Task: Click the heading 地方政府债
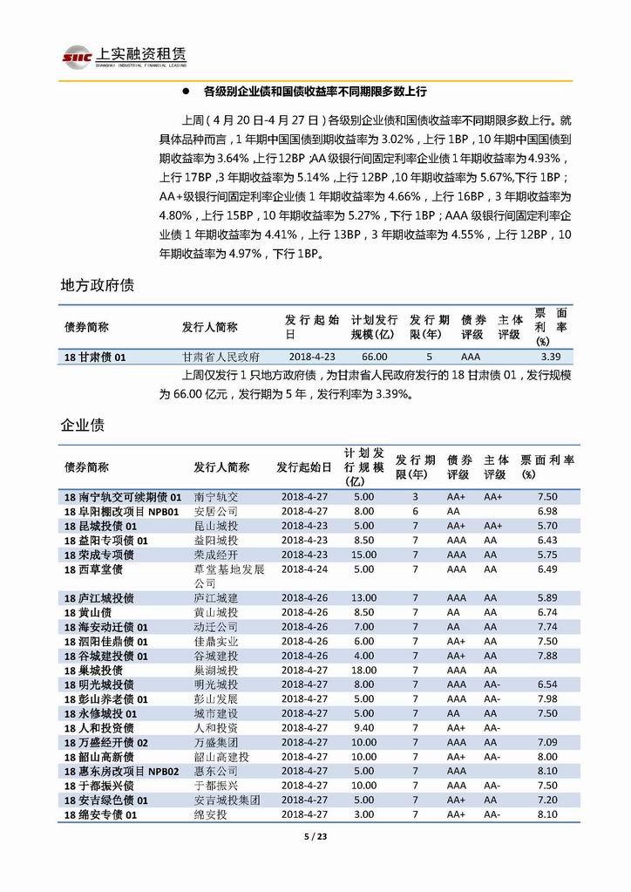(97, 285)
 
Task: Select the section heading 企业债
(83, 426)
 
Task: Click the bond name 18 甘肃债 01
(96, 357)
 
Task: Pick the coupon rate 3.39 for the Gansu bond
(550, 357)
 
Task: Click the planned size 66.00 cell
(375, 357)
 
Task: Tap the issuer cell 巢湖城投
(216, 670)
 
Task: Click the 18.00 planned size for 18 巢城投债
(363, 670)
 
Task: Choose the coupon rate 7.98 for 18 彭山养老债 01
(547, 698)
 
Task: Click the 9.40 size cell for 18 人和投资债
(363, 727)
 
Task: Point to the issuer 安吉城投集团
(227, 800)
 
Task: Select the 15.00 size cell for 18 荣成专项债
(363, 555)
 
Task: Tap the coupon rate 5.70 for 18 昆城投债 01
(547, 526)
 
